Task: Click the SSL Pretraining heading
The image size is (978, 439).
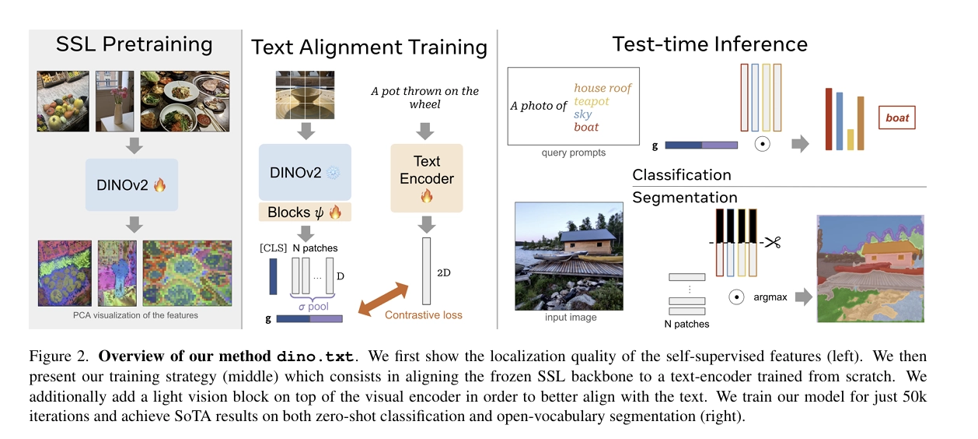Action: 134,44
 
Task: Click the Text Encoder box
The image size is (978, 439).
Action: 427,178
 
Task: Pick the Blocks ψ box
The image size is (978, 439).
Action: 304,212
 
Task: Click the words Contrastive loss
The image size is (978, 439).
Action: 423,314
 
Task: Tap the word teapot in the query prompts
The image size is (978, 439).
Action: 591,101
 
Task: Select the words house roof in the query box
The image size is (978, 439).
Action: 603,88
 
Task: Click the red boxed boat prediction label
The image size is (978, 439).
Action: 897,118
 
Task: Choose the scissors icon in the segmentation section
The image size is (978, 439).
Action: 771,241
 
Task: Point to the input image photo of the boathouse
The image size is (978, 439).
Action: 569,256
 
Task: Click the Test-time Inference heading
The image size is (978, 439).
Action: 710,44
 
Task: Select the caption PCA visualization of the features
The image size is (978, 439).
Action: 134,315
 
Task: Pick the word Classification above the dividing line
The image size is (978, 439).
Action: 682,175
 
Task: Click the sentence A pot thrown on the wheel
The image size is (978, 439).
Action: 425,97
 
